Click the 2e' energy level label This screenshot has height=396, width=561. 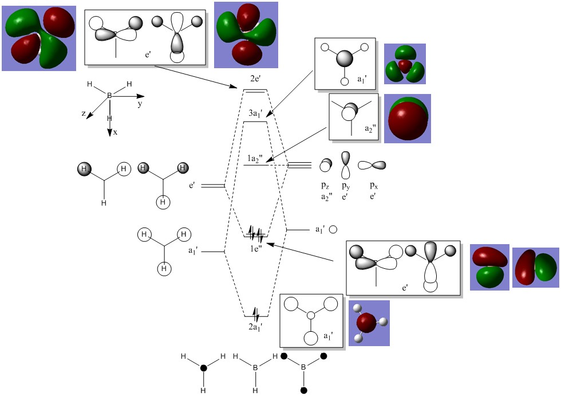[x=255, y=79]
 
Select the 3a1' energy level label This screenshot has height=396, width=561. [x=256, y=113]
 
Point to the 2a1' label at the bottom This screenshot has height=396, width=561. [x=256, y=327]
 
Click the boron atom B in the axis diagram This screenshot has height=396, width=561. [x=109, y=95]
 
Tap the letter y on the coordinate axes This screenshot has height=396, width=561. [x=140, y=105]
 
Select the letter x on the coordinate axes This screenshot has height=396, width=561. [x=115, y=132]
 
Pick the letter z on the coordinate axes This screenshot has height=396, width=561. [x=84, y=114]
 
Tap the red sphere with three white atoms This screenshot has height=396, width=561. [x=369, y=323]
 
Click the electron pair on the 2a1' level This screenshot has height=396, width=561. [x=256, y=315]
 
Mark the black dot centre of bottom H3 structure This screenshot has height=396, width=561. [x=203, y=368]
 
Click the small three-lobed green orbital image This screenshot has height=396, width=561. [x=405, y=63]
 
